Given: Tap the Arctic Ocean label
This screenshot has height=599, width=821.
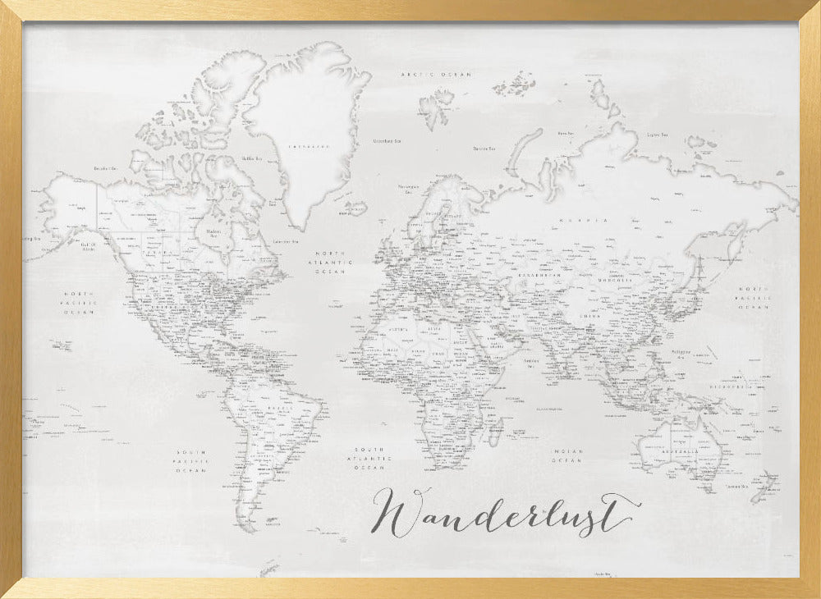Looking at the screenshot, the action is pos(435,75).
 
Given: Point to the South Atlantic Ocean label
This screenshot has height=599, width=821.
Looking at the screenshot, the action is pos(370,458).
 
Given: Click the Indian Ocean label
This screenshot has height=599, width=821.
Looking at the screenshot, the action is pos(566,456).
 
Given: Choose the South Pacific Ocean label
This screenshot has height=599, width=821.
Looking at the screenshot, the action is pos(195,461).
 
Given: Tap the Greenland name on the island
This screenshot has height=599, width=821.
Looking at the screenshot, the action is pos(305,146).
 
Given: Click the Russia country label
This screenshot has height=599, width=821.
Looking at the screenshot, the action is pos(584,221).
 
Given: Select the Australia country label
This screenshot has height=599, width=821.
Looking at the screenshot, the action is pos(681,452).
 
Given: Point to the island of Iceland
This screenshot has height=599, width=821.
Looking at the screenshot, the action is pos(356,207).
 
